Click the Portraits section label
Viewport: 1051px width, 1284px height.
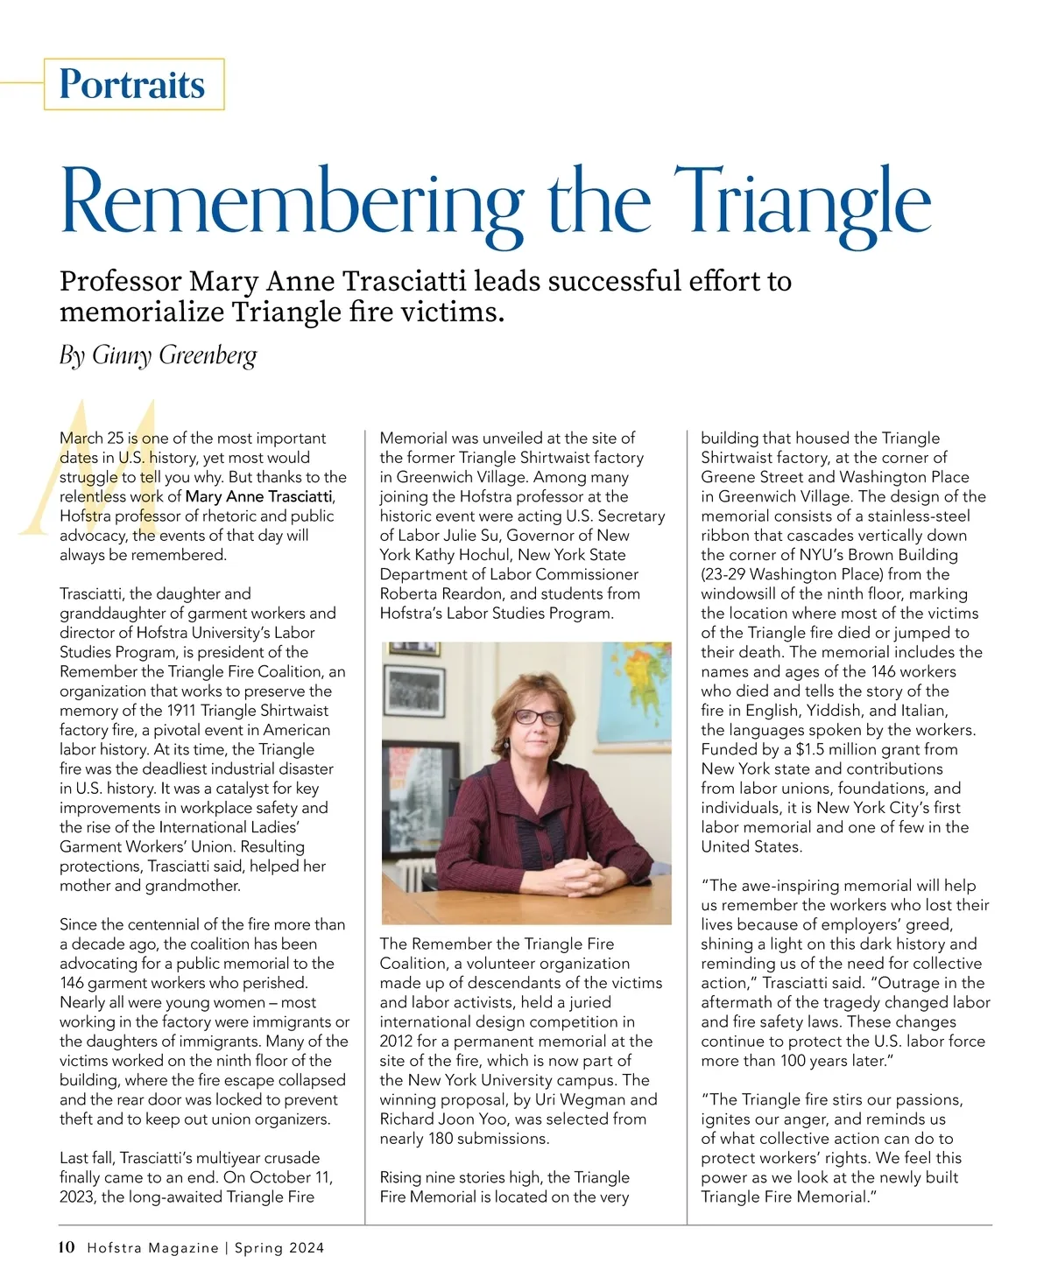132,84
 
